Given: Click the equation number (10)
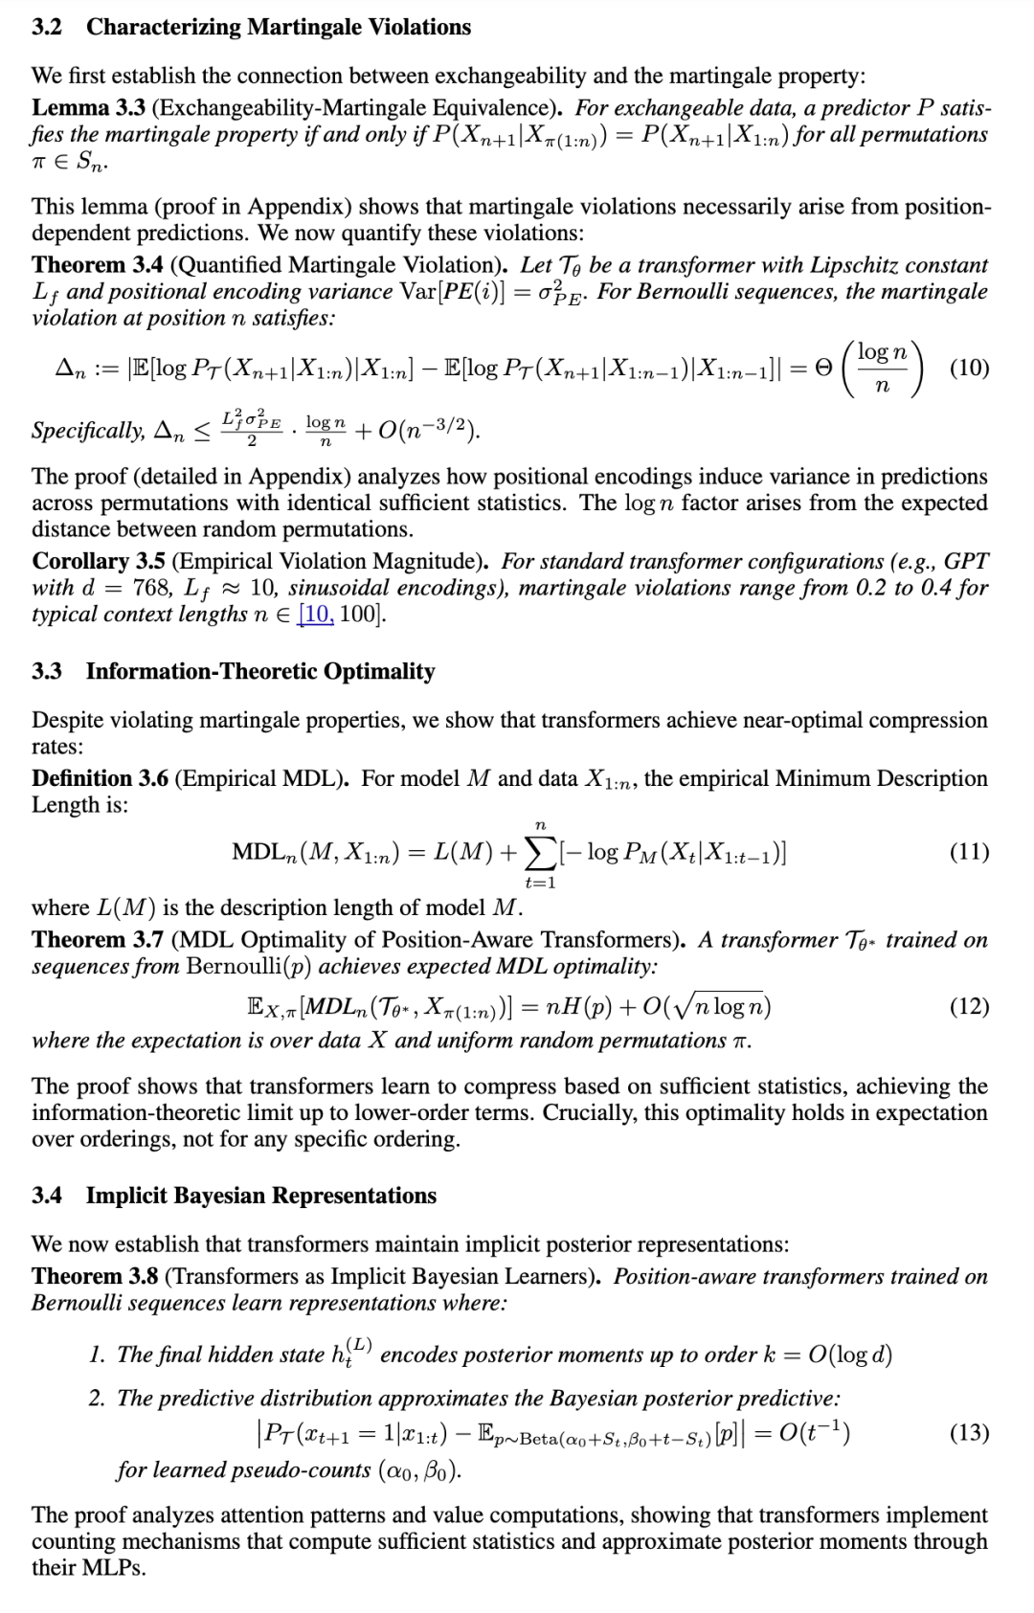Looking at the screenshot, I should tap(969, 369).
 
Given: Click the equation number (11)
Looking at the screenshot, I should tap(969, 852).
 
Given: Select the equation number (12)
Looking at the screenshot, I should tap(969, 1006).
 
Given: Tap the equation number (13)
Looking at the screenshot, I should tap(969, 1432).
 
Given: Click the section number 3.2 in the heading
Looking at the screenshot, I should tap(47, 27).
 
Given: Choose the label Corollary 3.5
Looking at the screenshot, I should tap(98, 561).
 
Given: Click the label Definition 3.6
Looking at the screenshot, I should tap(100, 778).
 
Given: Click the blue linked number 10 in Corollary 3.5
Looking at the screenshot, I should tap(318, 614).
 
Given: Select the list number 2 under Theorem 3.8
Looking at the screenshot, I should tap(97, 1399).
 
